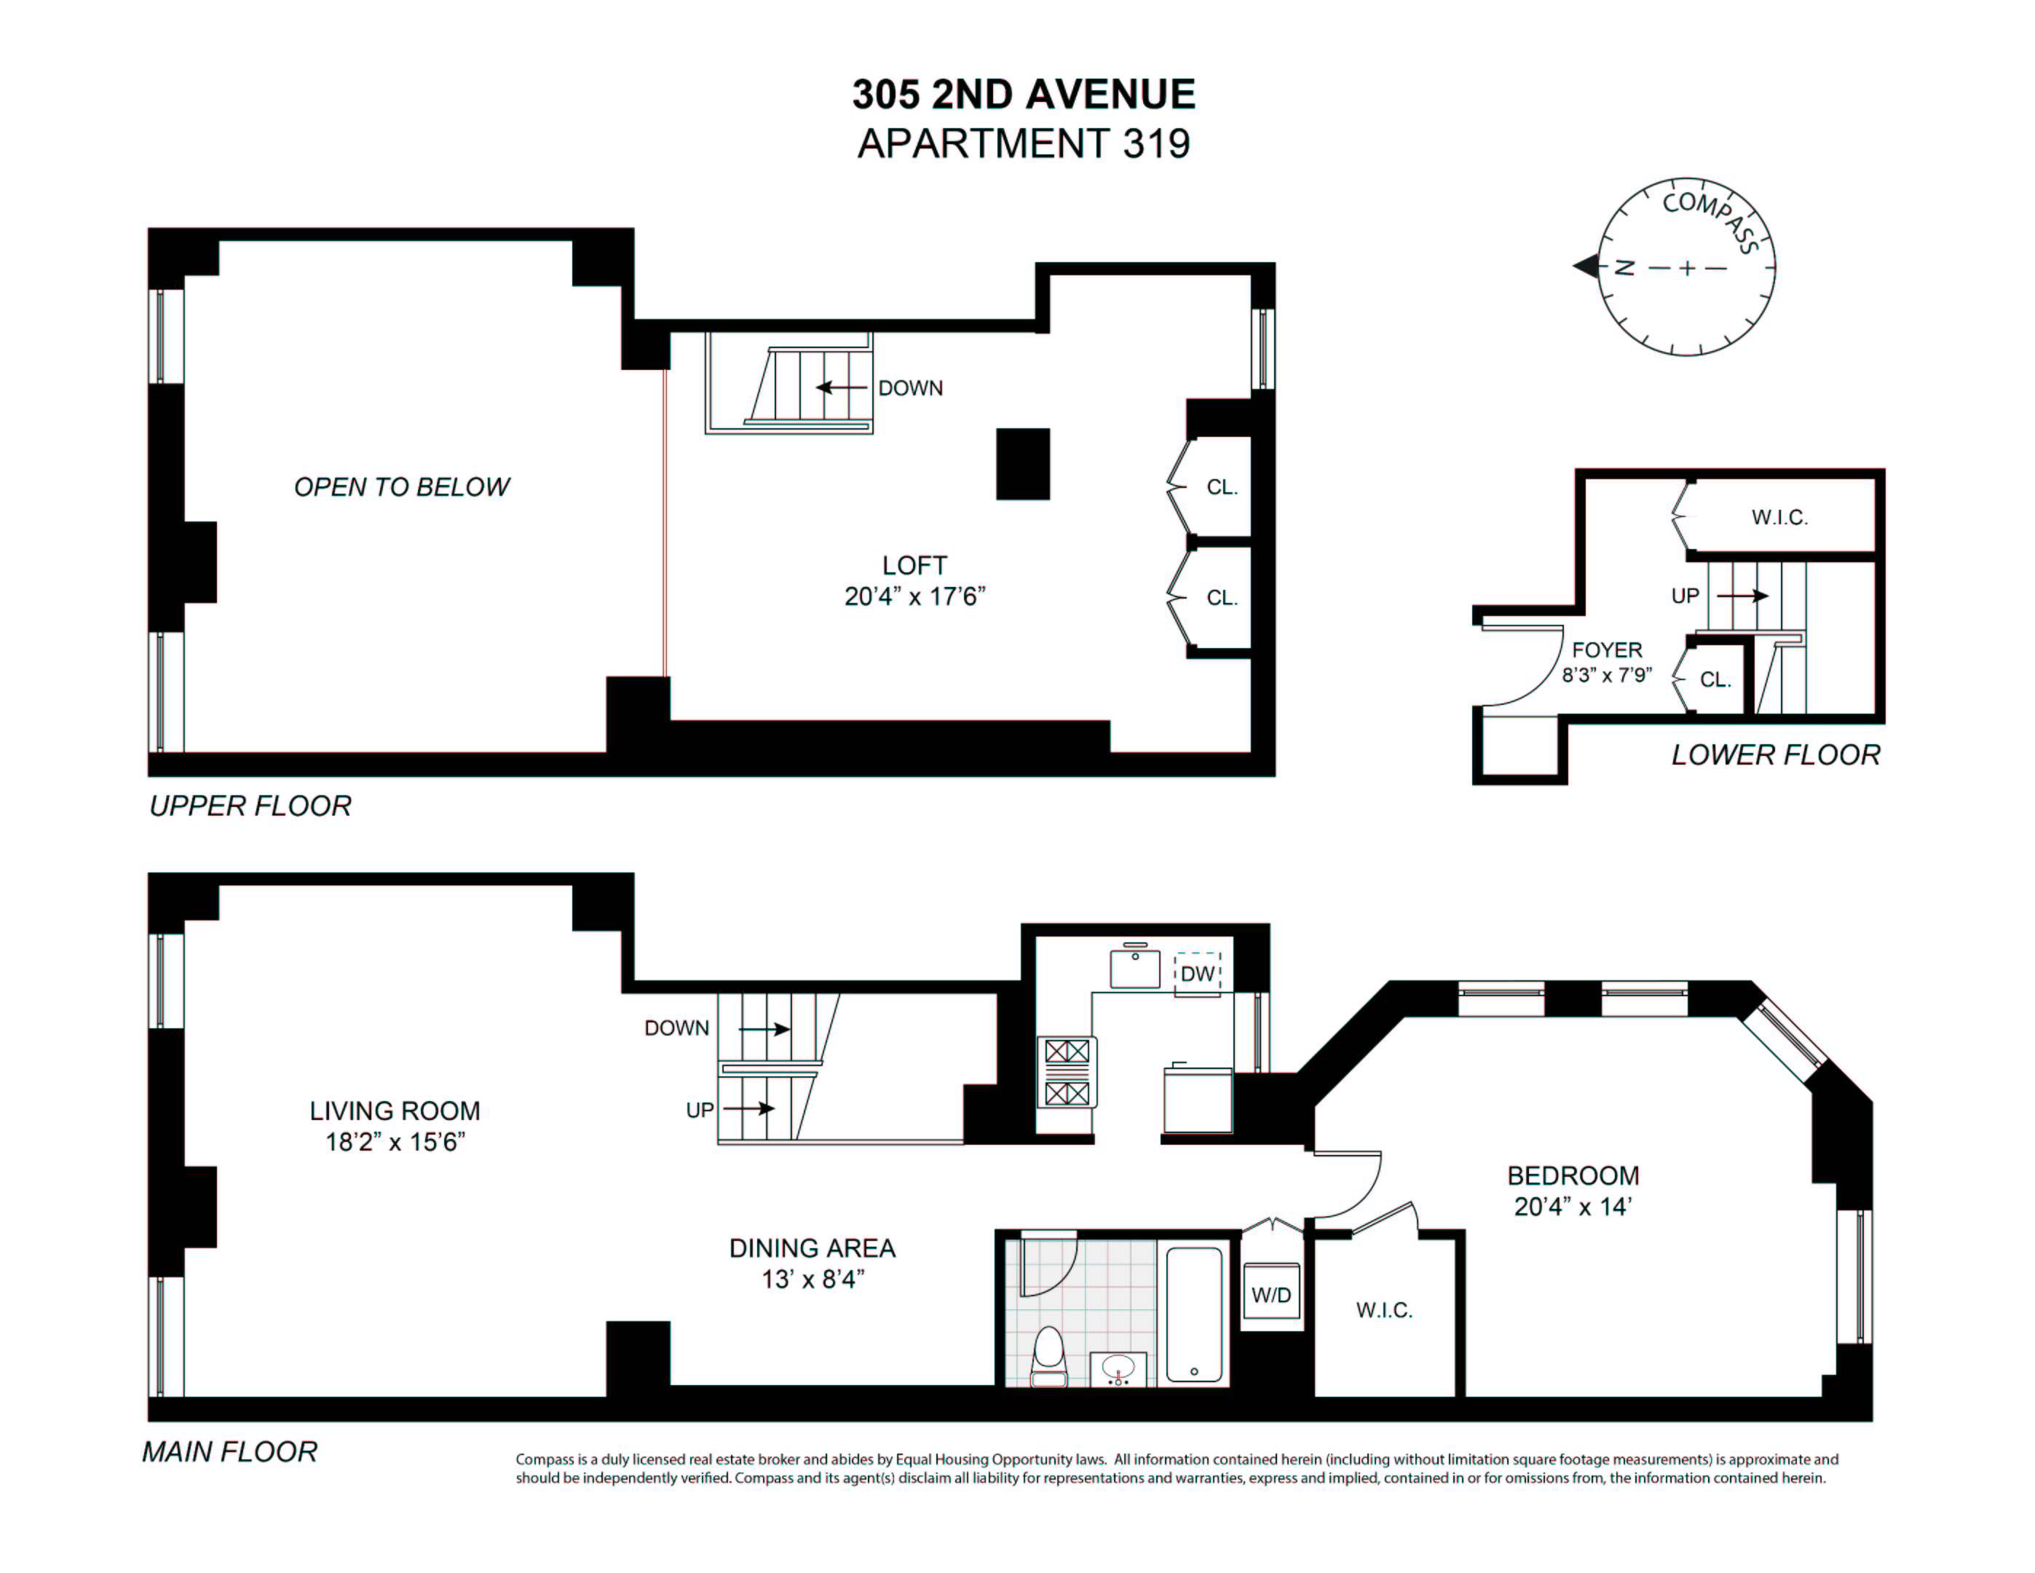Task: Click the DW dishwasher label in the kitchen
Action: [1197, 974]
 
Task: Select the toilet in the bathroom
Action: [1049, 1357]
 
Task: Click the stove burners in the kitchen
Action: [1067, 1073]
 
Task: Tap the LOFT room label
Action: [914, 566]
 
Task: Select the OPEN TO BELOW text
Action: [402, 487]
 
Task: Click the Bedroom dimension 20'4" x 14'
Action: [1572, 1207]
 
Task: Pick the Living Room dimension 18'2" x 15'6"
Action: [395, 1142]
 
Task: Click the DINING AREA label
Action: [812, 1249]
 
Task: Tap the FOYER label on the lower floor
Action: [1606, 650]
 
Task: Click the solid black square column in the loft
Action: [1023, 464]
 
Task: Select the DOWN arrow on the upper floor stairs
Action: [842, 387]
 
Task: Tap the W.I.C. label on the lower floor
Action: [1779, 517]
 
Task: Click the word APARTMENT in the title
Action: [982, 143]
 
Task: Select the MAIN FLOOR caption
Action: [229, 1452]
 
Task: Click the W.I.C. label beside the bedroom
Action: [1383, 1310]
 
